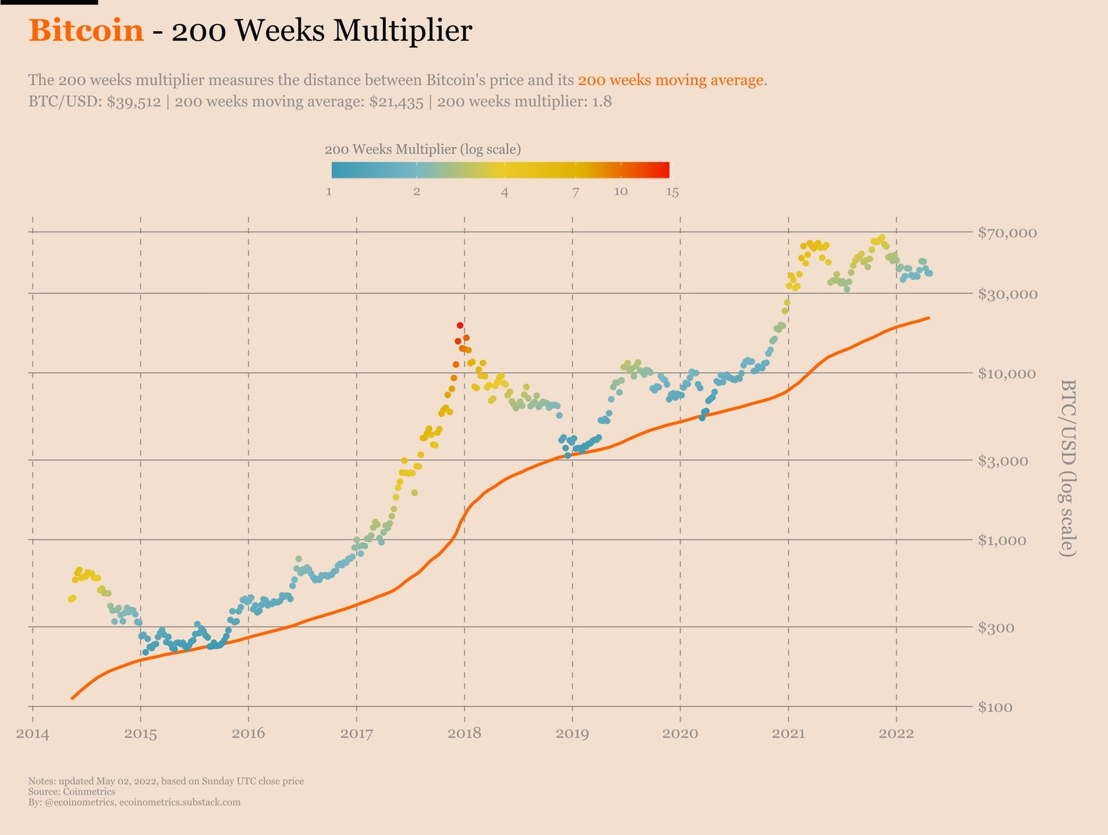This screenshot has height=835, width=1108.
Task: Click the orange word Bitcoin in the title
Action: click(x=86, y=30)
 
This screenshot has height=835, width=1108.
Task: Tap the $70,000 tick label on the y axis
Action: click(x=1007, y=233)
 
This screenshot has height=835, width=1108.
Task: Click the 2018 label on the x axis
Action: click(x=465, y=734)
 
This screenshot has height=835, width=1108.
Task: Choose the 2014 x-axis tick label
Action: click(x=32, y=734)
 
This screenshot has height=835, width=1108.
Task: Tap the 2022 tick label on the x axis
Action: click(x=897, y=734)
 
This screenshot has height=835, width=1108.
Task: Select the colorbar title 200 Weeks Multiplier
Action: click(x=423, y=149)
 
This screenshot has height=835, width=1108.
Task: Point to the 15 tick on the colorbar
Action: click(x=672, y=192)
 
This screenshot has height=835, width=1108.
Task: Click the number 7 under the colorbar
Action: click(x=575, y=192)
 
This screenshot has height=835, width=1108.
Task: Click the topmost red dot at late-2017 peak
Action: click(x=460, y=326)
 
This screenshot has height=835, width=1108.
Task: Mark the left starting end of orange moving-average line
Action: click(x=72, y=698)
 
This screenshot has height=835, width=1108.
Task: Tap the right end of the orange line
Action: click(x=928, y=317)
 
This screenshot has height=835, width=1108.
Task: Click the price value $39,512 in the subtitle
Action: click(x=133, y=102)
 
